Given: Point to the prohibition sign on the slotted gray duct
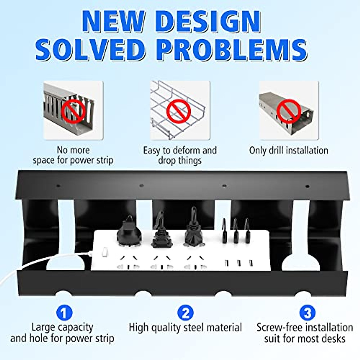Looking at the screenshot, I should pyautogui.click(x=73, y=110).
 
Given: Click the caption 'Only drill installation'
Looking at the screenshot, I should pyautogui.click(x=289, y=150).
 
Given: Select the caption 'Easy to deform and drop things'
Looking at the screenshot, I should pyautogui.click(x=180, y=155).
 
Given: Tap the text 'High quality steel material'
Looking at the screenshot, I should pyautogui.click(x=185, y=327).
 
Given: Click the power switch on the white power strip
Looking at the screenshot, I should pyautogui.click(x=104, y=252).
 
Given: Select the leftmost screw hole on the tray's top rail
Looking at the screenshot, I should pyautogui.click(x=58, y=186).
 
